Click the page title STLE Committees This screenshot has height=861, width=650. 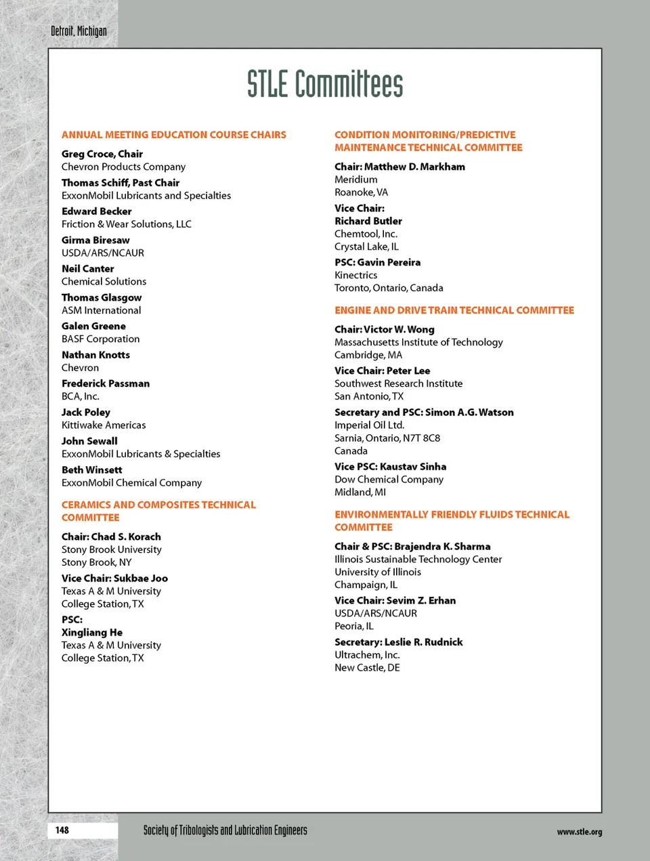tap(325, 85)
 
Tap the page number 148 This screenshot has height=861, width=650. tap(62, 830)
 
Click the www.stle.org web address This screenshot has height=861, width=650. tap(579, 832)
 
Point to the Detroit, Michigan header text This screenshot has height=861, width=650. tap(79, 31)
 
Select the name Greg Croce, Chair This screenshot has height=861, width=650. tap(102, 154)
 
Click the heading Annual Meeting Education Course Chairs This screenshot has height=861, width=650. tap(174, 135)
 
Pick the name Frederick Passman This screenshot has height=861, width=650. tap(106, 383)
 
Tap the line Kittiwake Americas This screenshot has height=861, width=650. tap(104, 425)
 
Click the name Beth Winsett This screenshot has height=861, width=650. tap(92, 470)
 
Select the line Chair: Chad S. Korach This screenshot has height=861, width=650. tap(111, 537)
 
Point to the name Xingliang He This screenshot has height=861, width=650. tap(92, 633)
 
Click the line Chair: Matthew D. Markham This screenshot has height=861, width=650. tap(399, 167)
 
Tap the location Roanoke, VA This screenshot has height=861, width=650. tap(361, 192)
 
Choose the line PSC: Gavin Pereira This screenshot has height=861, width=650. tap(377, 262)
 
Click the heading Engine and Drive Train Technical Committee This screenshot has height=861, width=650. tap(454, 310)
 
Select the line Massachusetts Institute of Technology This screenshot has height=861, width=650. tap(418, 342)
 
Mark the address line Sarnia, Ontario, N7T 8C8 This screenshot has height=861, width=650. tap(387, 438)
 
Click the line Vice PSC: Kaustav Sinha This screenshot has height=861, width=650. tap(390, 467)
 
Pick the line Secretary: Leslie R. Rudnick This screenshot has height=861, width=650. tap(398, 642)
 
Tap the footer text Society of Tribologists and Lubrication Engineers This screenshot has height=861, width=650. tap(225, 831)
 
